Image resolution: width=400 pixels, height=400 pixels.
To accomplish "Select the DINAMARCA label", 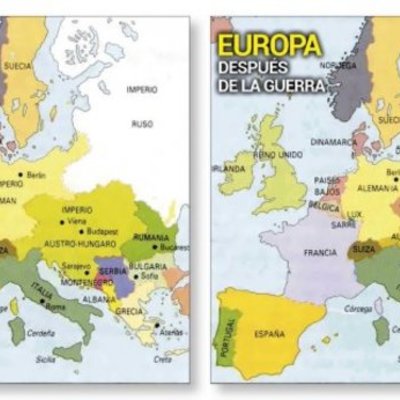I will pos(333,141).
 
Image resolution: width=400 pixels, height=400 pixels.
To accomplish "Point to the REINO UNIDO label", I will pos(278,154).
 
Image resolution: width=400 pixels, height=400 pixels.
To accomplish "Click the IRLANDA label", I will pos(232,168).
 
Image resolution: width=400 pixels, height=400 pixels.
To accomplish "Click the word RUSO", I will pos(141,125).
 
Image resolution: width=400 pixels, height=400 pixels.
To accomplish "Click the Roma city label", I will pos(55,308).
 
